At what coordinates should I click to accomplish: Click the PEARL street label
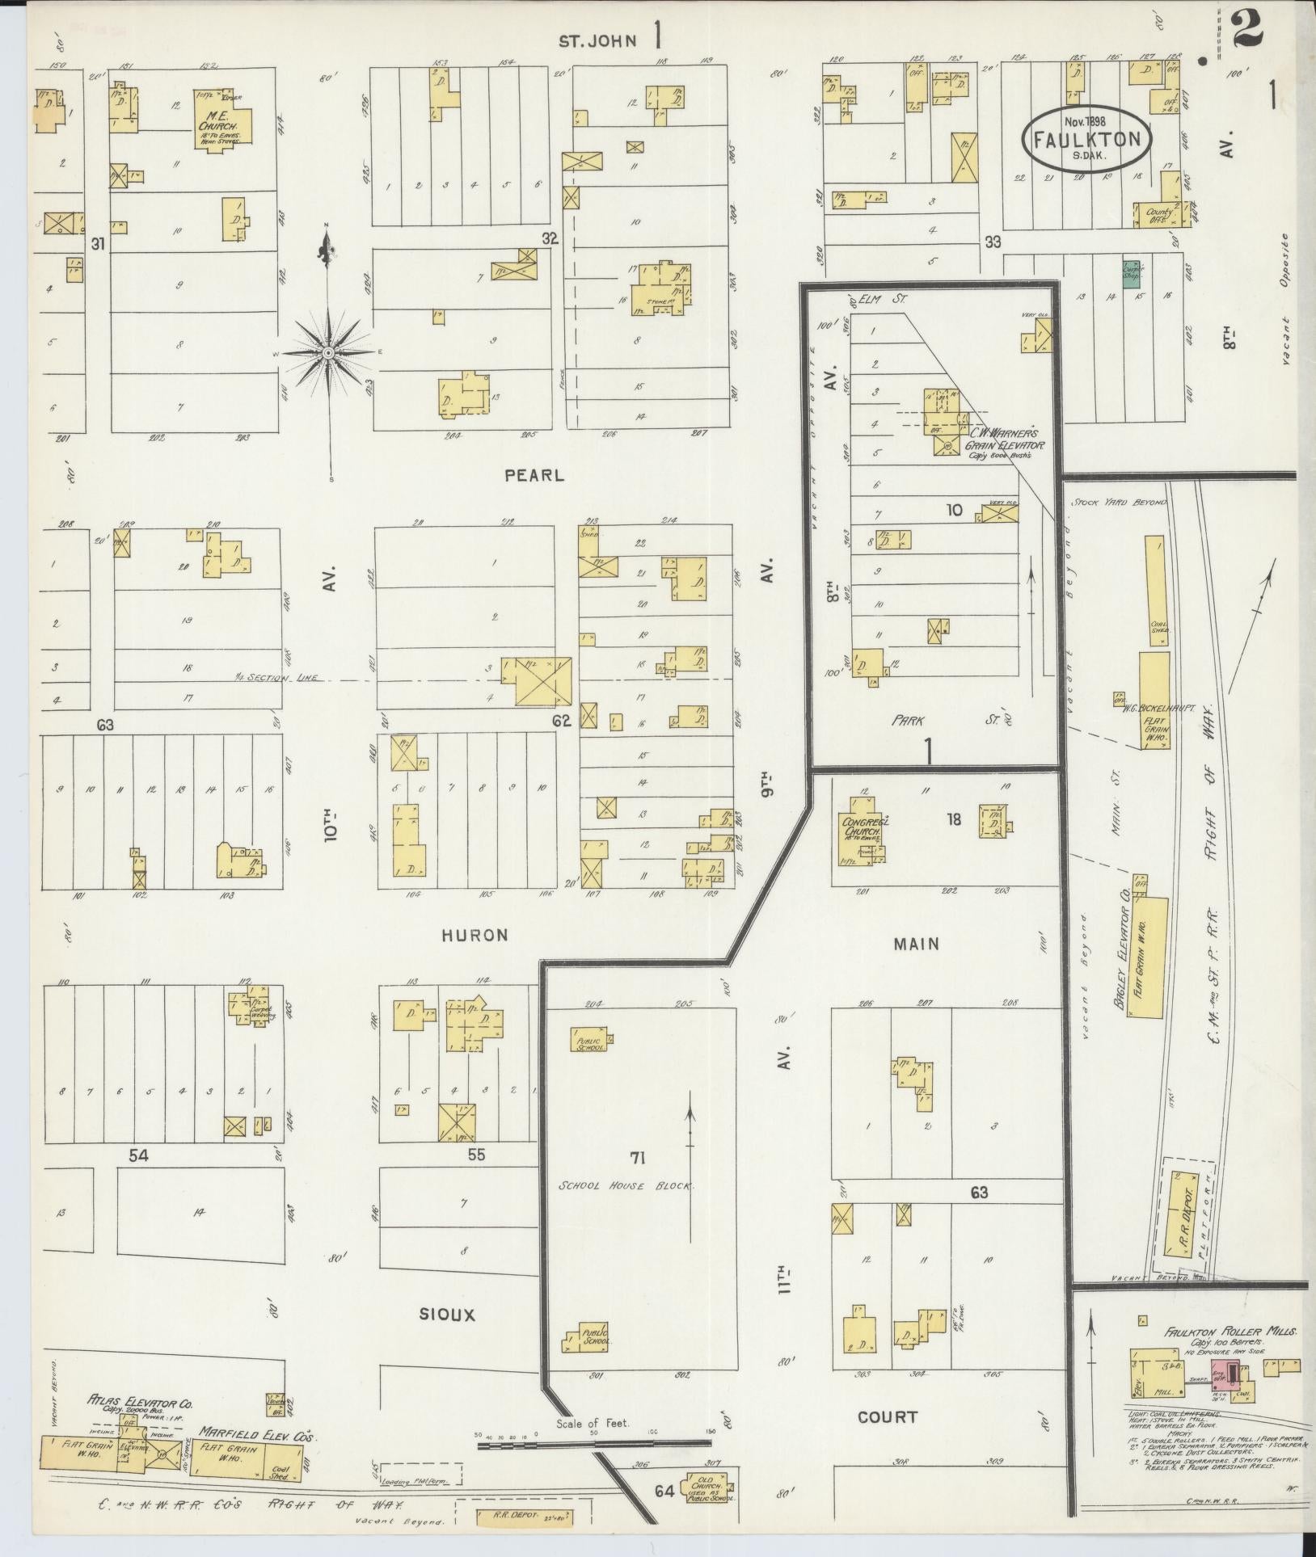534,476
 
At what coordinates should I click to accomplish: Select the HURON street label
475,935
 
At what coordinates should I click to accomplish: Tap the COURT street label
888,1416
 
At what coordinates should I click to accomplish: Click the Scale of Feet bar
593,1443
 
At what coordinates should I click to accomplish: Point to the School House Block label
627,1185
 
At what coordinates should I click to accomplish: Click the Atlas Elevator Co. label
139,1404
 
